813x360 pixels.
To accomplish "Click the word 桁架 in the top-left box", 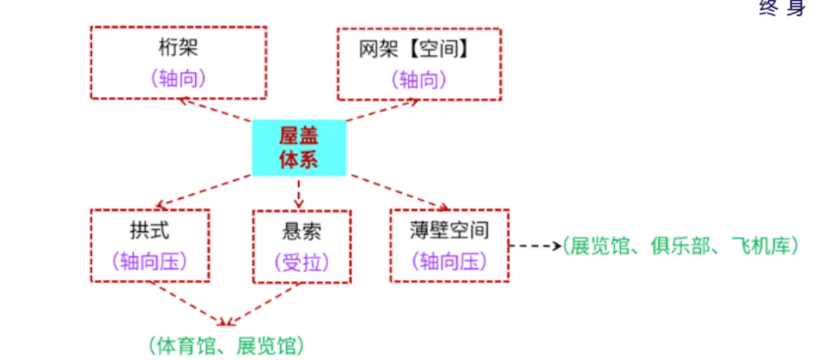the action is (178, 48).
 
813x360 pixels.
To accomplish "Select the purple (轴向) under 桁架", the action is (178, 78).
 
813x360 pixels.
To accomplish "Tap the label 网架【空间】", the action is (419, 48).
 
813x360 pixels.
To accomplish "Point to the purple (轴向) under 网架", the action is (419, 78).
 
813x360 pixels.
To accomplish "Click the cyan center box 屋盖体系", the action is (299, 148).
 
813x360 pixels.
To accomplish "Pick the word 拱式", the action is (150, 229).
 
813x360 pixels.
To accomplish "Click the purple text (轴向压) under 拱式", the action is (150, 261).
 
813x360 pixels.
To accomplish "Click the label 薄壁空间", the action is (449, 229).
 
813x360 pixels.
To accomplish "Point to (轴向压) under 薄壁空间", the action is (449, 261).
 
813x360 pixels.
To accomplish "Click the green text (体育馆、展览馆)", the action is (227, 346).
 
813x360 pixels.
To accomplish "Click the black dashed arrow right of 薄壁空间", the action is (534, 246).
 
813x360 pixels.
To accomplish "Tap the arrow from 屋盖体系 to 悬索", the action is (299, 193).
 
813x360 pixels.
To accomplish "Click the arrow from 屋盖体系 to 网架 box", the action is (381, 111).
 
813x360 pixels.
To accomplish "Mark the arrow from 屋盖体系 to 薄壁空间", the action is (400, 191).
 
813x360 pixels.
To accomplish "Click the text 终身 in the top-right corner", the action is (783, 9).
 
